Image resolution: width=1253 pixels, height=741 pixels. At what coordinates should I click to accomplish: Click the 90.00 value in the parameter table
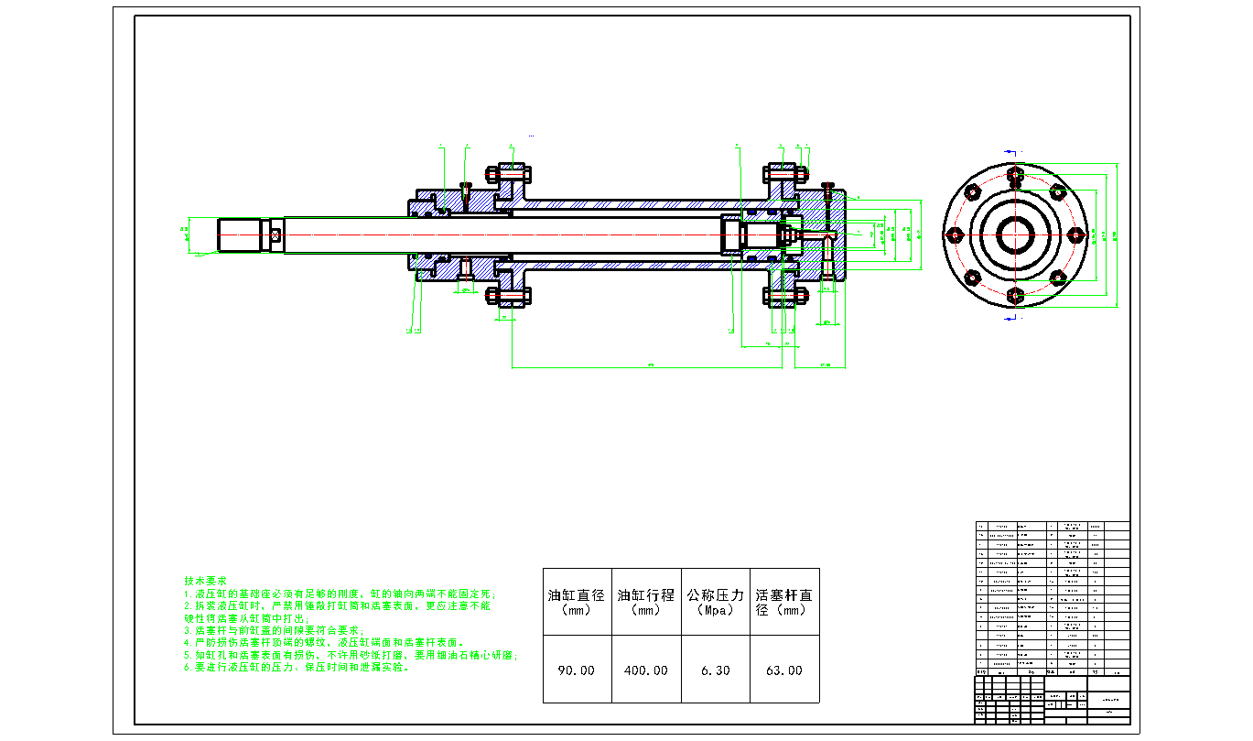point(577,670)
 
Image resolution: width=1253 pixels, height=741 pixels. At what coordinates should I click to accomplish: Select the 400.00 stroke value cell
point(646,670)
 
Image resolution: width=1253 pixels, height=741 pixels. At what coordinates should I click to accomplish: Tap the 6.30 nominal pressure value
point(715,670)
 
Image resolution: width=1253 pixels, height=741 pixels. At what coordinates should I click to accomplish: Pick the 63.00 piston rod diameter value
point(783,670)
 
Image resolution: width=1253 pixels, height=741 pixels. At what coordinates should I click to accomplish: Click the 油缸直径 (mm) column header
point(577,602)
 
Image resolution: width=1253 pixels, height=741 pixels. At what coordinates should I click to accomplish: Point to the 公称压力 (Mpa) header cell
point(715,602)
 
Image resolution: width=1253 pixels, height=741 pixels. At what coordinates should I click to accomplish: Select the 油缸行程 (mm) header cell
point(646,602)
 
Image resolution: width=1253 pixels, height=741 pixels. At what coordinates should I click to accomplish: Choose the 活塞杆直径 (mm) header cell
point(783,602)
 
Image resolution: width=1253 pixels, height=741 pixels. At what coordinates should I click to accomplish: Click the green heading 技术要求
point(205,582)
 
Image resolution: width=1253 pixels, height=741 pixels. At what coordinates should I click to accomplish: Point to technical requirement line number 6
point(297,668)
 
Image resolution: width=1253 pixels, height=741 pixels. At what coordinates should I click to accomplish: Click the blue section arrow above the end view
point(1010,152)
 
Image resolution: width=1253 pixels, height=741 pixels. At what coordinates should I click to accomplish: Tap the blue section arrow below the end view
point(1010,318)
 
